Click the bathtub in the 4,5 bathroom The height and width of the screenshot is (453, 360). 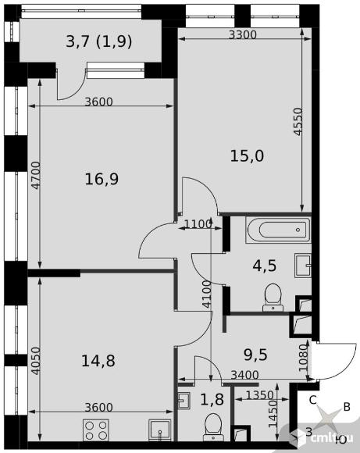[279, 230]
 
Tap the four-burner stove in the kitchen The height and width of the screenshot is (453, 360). [96, 430]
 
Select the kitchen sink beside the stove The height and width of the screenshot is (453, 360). [159, 430]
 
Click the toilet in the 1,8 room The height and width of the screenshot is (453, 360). [213, 427]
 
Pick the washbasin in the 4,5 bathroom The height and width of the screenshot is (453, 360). [303, 266]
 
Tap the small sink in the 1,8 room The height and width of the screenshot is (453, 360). [184, 400]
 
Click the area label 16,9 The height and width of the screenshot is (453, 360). [102, 179]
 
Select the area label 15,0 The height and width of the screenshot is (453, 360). [247, 156]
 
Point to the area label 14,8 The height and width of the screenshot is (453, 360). [98, 361]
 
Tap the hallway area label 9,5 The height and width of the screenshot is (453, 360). [255, 355]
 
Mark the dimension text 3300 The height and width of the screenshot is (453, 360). [243, 35]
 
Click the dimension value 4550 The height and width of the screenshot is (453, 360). [298, 122]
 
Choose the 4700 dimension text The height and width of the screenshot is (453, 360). [36, 176]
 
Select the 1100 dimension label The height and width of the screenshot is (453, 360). [198, 224]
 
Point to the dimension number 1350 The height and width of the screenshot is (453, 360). [260, 395]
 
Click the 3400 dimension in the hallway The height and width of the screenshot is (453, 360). [245, 375]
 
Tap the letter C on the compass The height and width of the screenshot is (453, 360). [313, 400]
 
